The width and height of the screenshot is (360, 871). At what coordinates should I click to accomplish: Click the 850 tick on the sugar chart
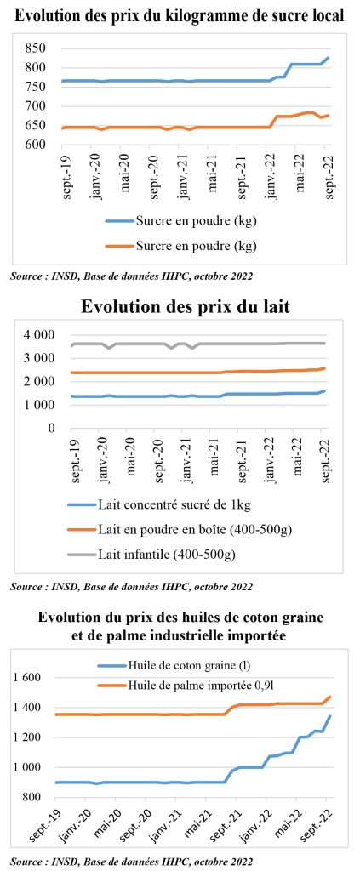point(34,48)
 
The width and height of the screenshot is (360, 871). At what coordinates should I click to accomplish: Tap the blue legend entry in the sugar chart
point(181,221)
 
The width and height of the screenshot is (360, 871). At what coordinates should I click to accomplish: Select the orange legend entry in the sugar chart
point(181,245)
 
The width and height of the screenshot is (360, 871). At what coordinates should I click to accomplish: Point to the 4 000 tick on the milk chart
point(38,335)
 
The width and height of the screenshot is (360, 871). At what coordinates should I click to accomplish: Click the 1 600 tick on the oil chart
point(27,678)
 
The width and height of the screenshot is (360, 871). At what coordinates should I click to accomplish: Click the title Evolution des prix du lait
point(186,306)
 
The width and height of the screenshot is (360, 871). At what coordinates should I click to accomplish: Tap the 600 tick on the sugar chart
point(34,145)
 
